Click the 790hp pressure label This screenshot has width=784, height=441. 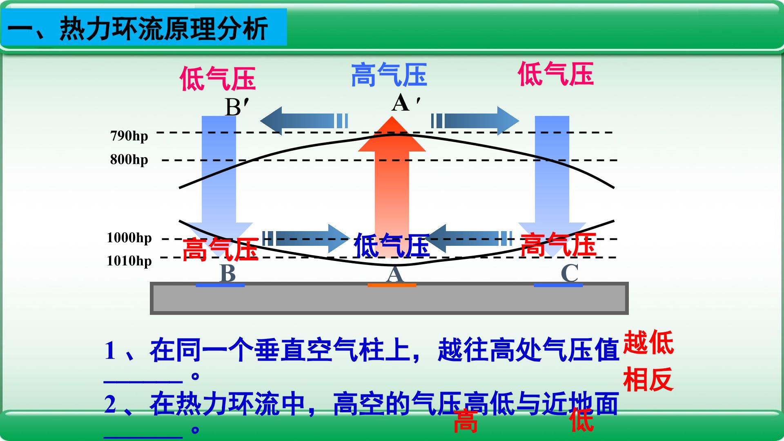(129, 136)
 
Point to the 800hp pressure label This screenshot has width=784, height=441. (129, 159)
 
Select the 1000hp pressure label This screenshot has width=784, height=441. (129, 238)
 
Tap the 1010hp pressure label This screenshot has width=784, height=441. (129, 261)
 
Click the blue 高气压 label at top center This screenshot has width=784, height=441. (389, 75)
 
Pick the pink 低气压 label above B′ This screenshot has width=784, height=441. (218, 79)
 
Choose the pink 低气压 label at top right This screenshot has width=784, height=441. (556, 74)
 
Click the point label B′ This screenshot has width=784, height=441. (237, 107)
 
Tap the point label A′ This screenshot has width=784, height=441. (405, 102)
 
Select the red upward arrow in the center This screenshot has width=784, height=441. (392, 188)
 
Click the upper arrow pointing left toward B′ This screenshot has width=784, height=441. (304, 120)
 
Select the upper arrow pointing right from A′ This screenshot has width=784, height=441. (475, 120)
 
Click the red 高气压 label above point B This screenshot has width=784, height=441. (220, 249)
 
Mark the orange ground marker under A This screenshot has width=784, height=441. (392, 285)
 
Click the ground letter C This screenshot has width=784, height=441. (570, 273)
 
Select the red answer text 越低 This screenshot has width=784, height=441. (648, 343)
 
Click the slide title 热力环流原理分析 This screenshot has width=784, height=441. (164, 28)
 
